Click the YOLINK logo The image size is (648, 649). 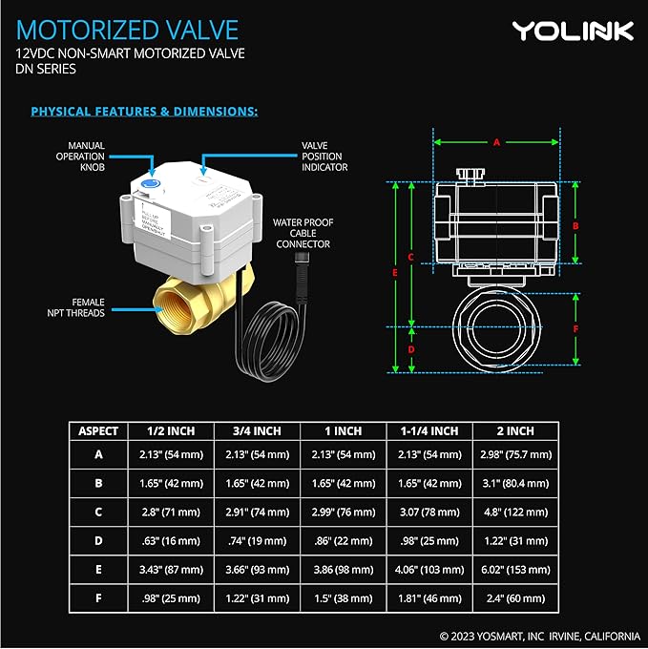click(573, 31)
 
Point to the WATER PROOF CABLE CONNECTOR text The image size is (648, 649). click(302, 233)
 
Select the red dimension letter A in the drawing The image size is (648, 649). click(496, 141)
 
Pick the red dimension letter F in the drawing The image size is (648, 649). click(575, 328)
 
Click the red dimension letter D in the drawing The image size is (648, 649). click(411, 349)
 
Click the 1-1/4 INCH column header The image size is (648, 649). click(429, 430)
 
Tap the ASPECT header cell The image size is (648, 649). click(98, 430)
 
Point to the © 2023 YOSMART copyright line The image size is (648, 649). click(538, 635)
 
